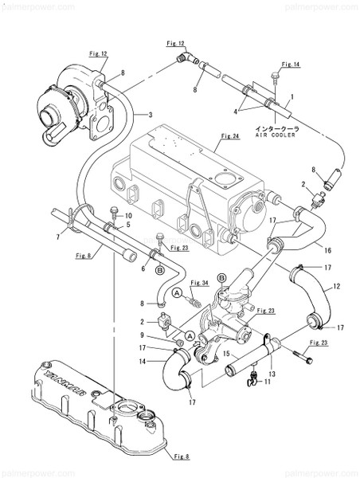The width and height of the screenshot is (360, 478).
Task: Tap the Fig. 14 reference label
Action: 291,63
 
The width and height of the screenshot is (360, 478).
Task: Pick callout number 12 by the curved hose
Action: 337,285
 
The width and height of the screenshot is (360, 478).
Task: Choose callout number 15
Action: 225,354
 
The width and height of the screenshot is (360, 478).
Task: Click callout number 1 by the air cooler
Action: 291,96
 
